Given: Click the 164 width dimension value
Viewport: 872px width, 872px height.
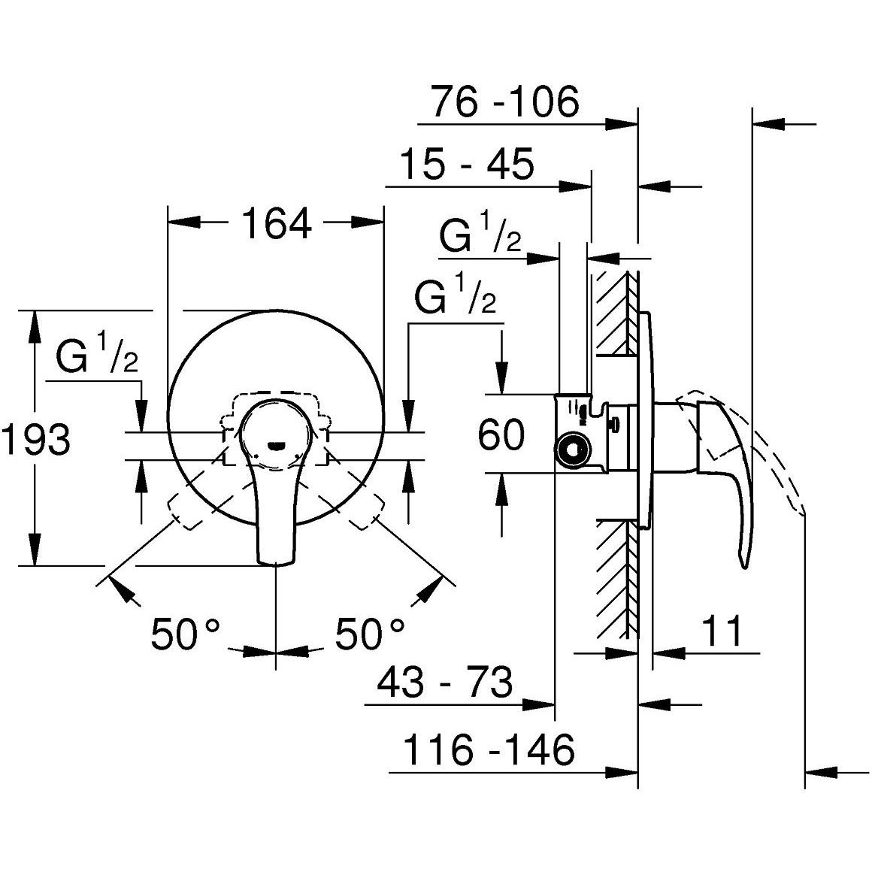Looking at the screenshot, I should [276, 223].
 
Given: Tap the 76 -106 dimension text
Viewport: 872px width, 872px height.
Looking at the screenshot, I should [505, 101].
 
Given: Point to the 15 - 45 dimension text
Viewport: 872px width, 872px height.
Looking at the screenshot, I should [466, 164].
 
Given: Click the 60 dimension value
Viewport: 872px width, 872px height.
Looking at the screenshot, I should [501, 434].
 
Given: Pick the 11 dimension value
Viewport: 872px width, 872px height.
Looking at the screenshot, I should [722, 631].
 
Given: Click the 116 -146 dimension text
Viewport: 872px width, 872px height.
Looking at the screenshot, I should [489, 749].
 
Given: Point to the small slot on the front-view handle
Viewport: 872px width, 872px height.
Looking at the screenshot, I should [276, 445].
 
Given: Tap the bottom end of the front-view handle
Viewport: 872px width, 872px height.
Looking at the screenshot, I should [276, 560].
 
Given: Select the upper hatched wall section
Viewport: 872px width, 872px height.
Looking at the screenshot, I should [615, 313].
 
